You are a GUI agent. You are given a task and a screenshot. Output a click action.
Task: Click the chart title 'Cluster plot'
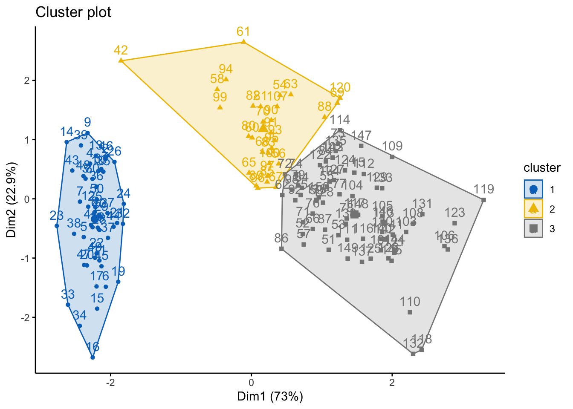(x=73, y=12)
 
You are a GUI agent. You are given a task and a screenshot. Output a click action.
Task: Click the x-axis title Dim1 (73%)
(x=270, y=397)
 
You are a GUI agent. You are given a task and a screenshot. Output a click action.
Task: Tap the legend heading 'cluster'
(x=542, y=168)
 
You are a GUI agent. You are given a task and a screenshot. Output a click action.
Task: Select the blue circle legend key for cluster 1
(x=533, y=189)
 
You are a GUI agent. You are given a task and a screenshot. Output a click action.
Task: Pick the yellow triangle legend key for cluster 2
(x=533, y=209)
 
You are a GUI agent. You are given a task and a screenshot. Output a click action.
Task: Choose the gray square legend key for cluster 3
(x=533, y=229)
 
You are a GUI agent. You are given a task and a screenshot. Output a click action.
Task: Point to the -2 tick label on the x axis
(x=111, y=382)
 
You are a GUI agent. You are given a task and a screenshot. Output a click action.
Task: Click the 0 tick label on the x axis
(x=251, y=382)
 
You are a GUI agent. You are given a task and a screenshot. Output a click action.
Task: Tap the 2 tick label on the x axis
(x=392, y=382)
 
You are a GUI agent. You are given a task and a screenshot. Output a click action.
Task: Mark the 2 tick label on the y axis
(x=26, y=81)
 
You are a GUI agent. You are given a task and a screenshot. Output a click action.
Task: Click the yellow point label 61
(x=243, y=32)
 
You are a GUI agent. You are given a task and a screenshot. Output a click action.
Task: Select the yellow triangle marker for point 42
(x=121, y=60)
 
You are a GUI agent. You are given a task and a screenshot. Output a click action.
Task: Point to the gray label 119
(x=483, y=189)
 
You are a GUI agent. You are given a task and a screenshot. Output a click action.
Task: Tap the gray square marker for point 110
(x=410, y=312)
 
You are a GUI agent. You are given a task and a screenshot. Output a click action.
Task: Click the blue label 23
(x=57, y=216)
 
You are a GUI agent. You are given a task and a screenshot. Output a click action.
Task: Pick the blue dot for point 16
(x=93, y=357)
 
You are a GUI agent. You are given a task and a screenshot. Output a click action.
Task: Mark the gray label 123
(x=454, y=213)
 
